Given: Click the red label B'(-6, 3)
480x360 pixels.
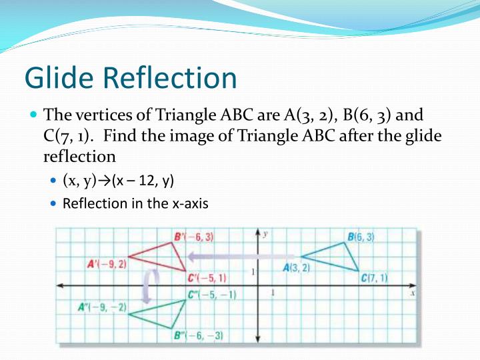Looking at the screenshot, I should point(193,237).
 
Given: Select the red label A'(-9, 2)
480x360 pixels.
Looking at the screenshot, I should point(107,264).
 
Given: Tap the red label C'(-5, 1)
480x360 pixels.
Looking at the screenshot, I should point(207,278).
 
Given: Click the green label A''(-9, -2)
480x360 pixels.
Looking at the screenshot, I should point(102,307).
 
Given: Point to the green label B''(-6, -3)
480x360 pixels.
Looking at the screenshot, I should point(198,335).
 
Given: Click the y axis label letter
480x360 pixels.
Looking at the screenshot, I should point(265,234).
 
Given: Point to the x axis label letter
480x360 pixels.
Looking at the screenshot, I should point(413,293).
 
